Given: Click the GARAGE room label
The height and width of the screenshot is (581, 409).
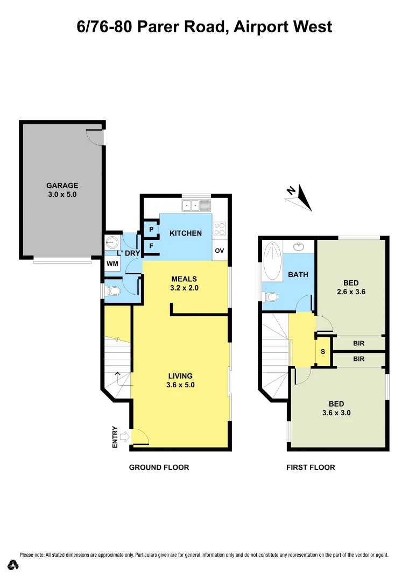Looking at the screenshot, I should pyautogui.click(x=62, y=186).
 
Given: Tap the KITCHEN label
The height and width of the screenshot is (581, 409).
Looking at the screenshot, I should pyautogui.click(x=186, y=233).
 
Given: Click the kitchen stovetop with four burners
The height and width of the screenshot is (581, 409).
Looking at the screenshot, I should pyautogui.click(x=220, y=229).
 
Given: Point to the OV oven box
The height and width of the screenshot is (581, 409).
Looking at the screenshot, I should pyautogui.click(x=220, y=251).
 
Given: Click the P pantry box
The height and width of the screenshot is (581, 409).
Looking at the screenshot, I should pyautogui.click(x=151, y=230).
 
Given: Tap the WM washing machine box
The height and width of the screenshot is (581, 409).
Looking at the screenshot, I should pyautogui.click(x=112, y=264).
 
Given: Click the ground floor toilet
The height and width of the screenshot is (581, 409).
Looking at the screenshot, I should pyautogui.click(x=112, y=291).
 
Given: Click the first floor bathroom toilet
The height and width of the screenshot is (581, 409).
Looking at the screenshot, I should pyautogui.click(x=271, y=296).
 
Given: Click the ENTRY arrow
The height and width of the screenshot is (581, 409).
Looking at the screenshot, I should pyautogui.click(x=123, y=437).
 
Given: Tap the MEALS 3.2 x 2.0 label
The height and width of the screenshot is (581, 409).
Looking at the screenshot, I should pyautogui.click(x=184, y=283).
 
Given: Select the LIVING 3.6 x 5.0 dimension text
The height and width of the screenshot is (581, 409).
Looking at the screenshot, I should pyautogui.click(x=180, y=385).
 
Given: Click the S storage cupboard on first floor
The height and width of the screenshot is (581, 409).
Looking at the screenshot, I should pyautogui.click(x=323, y=352).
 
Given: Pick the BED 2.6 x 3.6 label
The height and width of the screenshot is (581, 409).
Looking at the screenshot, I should pyautogui.click(x=350, y=287).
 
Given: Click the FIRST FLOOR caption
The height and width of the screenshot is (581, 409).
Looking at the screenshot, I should pyautogui.click(x=311, y=467).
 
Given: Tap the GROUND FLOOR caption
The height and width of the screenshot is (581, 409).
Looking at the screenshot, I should pyautogui.click(x=159, y=467).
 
